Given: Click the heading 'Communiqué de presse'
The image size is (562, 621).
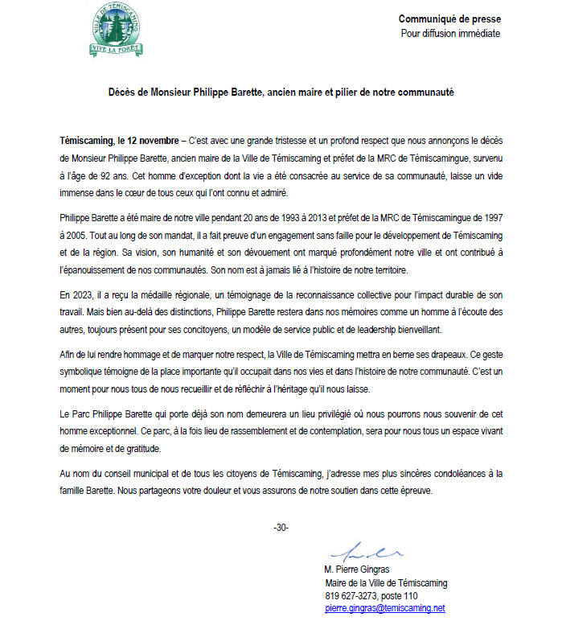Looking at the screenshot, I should click(x=449, y=19).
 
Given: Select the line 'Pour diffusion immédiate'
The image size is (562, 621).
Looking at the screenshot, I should click(x=450, y=34).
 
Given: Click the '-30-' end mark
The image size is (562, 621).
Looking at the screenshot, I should click(x=281, y=528).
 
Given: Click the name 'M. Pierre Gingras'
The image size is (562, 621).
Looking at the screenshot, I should click(x=359, y=570).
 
